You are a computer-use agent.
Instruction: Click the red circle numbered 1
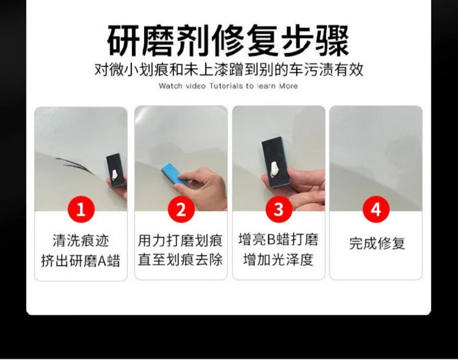(81, 210)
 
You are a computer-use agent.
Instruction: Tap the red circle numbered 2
(181, 210)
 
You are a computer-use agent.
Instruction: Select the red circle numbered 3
(279, 210)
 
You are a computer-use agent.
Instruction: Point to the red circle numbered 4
(376, 210)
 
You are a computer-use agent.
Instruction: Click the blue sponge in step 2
(175, 174)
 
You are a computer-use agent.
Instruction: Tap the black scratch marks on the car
(75, 165)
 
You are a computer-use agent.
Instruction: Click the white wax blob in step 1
(115, 175)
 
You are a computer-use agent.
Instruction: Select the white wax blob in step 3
(274, 169)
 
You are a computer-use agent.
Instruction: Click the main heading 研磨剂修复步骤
(228, 40)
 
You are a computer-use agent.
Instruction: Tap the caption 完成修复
(377, 243)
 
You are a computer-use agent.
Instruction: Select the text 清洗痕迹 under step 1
(81, 241)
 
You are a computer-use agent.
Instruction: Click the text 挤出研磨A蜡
(81, 260)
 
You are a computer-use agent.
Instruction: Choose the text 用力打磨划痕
(180, 240)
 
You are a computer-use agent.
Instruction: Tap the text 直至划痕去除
(180, 259)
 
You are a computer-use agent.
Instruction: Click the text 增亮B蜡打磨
(278, 239)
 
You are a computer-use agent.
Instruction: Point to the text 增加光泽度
(278, 259)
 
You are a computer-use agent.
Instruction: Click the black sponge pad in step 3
(276, 162)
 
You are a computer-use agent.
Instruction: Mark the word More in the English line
(288, 86)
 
